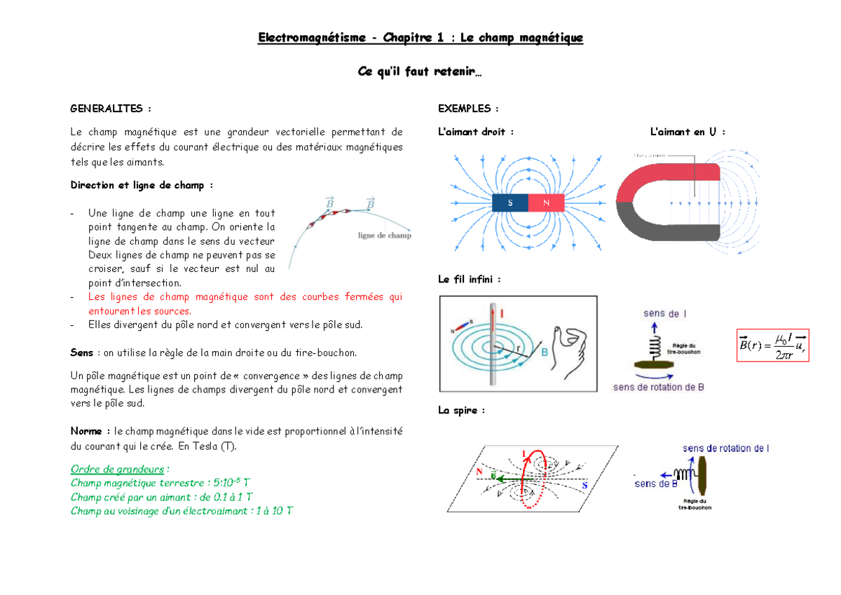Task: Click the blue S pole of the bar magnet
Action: pyautogui.click(x=510, y=203)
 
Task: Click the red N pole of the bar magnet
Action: pyautogui.click(x=546, y=203)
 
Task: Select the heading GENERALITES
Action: pyautogui.click(x=110, y=109)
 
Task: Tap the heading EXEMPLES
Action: pyautogui.click(x=468, y=109)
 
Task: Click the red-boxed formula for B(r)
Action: pyautogui.click(x=773, y=345)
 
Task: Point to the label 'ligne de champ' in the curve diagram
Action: pyautogui.click(x=384, y=235)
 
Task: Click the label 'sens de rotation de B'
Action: pyautogui.click(x=658, y=387)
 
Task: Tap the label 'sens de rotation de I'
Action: pyautogui.click(x=726, y=449)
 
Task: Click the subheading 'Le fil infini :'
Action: pyautogui.click(x=469, y=279)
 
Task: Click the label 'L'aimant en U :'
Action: pyautogui.click(x=687, y=132)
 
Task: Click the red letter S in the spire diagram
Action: pyautogui.click(x=584, y=486)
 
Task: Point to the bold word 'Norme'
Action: pyautogui.click(x=90, y=431)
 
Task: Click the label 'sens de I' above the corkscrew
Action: pyautogui.click(x=665, y=314)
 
